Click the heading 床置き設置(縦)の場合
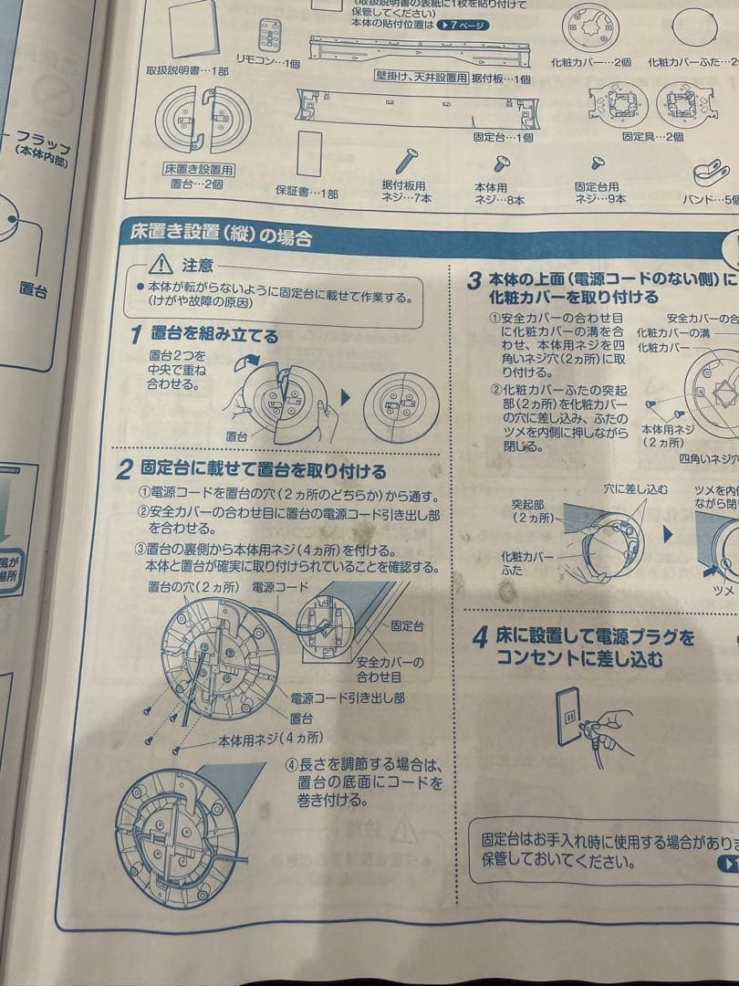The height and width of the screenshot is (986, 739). pos(222,237)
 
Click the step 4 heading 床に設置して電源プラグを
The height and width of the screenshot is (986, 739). pos(595,635)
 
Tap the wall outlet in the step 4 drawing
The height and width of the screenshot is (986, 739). pos(571,719)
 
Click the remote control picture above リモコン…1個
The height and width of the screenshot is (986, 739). pos(270,34)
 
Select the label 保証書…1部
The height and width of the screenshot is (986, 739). pos(307,194)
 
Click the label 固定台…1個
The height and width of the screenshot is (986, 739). pos(503,137)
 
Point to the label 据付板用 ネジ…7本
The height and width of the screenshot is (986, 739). pos(403,192)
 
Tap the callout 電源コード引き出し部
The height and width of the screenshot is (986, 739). pos(348,698)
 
